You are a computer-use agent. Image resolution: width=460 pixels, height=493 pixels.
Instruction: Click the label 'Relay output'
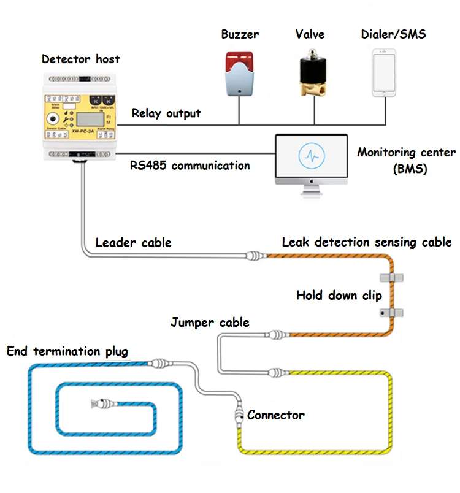166,113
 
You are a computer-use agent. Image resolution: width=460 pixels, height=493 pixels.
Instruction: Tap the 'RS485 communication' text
190,166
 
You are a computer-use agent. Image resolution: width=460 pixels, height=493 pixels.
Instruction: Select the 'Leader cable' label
133,243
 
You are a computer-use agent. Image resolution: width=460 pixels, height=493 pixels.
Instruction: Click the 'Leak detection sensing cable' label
366,242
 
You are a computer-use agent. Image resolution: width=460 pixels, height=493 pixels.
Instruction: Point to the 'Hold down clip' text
339,296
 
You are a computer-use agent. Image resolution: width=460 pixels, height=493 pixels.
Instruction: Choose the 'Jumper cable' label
210,322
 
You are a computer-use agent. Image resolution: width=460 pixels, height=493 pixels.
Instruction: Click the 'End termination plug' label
67,351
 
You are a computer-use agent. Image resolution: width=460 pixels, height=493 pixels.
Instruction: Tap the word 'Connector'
275,415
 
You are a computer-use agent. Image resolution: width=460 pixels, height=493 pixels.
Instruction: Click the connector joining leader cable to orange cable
254,254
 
